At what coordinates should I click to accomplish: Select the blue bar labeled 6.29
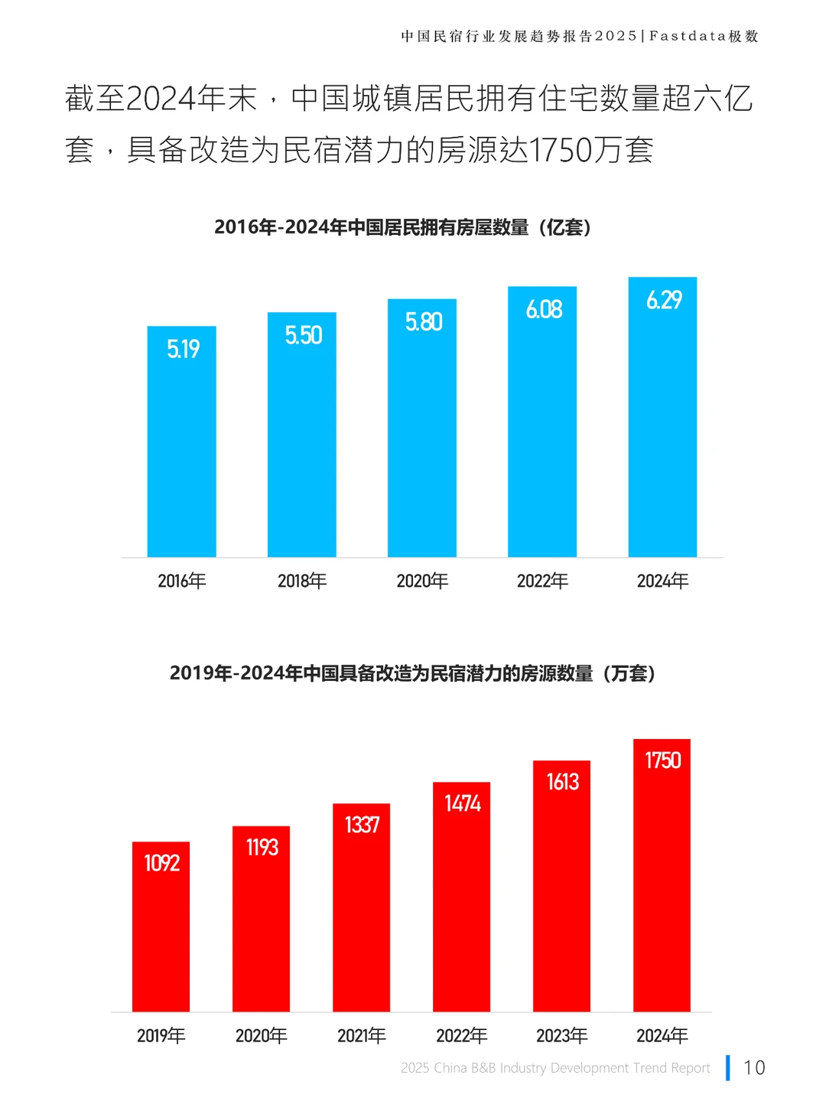(x=662, y=428)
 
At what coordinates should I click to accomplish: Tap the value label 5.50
(x=303, y=335)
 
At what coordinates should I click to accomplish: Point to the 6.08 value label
(x=544, y=309)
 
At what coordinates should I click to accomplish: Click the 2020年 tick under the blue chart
(x=422, y=581)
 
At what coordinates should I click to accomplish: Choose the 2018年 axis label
(x=302, y=581)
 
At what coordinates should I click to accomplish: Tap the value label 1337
(x=362, y=825)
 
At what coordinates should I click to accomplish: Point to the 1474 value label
(x=462, y=803)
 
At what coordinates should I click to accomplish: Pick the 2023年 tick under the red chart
(x=561, y=1036)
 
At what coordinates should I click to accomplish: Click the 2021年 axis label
(x=362, y=1036)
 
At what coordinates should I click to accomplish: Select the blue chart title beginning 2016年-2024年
(x=402, y=227)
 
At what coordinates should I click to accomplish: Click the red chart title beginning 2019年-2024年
(x=412, y=673)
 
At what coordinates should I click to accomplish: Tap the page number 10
(x=754, y=1067)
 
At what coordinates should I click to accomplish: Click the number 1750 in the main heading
(x=561, y=150)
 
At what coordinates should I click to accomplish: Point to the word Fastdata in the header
(x=688, y=36)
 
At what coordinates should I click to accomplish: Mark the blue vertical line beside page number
(x=728, y=1067)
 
